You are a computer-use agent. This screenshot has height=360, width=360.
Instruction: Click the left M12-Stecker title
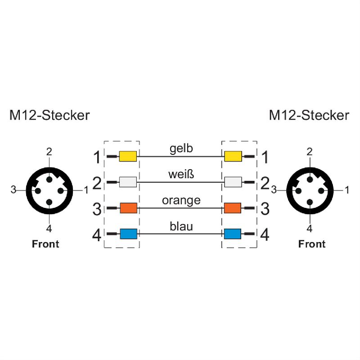click(49, 116)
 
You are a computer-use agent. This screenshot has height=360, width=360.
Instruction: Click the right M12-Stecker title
click(309, 116)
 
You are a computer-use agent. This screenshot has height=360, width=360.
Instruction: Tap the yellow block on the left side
click(128, 156)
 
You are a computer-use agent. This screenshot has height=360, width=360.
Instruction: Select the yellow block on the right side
click(233, 156)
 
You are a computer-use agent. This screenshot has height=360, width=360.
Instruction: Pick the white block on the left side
click(128, 182)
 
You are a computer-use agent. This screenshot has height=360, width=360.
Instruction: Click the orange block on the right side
click(233, 208)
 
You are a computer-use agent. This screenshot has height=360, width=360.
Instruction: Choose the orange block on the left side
click(128, 208)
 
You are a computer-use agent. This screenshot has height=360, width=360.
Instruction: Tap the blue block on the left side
click(128, 234)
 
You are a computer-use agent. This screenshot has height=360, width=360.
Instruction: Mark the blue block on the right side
click(233, 234)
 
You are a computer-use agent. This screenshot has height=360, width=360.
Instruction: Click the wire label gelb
click(181, 148)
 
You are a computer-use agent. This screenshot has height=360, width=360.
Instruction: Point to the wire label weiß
click(181, 174)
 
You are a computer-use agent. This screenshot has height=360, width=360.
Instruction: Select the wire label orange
click(181, 200)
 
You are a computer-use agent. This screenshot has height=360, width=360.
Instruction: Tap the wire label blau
click(181, 226)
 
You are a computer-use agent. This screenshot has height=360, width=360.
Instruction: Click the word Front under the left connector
click(45, 244)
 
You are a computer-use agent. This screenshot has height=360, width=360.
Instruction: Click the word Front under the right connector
click(312, 244)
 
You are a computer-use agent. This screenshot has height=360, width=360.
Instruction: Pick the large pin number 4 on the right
click(265, 234)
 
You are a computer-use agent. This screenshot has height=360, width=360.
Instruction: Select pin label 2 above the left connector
click(49, 151)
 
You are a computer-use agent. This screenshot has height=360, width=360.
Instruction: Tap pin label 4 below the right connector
click(310, 229)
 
